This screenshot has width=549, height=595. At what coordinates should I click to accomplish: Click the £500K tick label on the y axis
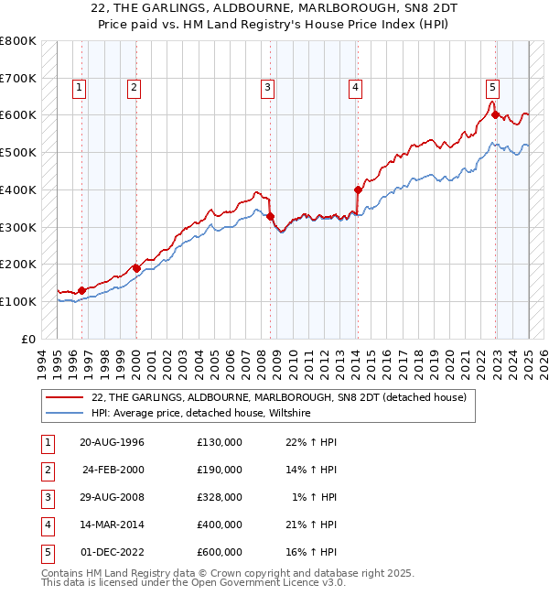17,152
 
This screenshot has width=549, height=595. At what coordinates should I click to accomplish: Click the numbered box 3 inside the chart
267,88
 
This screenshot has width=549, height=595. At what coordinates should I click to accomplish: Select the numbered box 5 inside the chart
492,88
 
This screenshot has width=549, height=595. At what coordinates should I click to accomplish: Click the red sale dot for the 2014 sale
358,189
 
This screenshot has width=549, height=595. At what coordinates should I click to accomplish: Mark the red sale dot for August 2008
271,216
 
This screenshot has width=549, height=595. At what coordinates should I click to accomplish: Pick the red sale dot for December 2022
495,114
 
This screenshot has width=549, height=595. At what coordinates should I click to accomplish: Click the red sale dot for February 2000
136,268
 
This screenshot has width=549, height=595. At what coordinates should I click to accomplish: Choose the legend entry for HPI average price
200,413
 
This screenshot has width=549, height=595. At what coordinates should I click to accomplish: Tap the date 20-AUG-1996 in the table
112,442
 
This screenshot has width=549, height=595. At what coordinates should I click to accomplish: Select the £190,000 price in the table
220,470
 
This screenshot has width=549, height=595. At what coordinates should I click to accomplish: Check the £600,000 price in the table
220,552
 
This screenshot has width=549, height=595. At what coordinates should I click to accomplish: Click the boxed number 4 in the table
47,525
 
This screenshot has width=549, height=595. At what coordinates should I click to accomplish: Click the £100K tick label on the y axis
17,301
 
